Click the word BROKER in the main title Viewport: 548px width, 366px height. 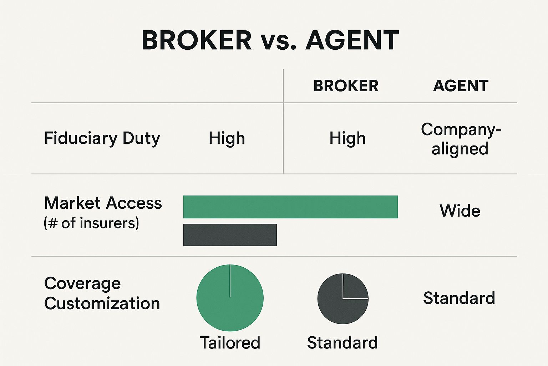pos(197,40)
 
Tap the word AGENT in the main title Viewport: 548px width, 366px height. pos(352,40)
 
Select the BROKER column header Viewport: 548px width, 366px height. pos(346,86)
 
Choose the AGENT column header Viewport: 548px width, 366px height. pos(461,86)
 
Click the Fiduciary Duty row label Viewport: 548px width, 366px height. pos(102,139)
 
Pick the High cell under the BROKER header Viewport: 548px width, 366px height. pos(347,138)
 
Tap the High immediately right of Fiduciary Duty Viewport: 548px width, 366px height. pos(227,138)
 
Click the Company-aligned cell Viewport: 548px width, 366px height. pos(461,139)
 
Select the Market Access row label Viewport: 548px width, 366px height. pos(103,203)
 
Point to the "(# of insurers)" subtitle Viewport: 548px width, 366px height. pos(91,223)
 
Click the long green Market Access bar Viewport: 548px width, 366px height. pos(290,207)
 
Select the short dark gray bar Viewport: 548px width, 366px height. pos(230,235)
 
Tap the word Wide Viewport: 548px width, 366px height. pos(460,211)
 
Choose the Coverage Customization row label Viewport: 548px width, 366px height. pos(102,293)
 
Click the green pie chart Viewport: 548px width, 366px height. pos(230,298)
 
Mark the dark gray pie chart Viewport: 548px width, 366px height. pos(342,299)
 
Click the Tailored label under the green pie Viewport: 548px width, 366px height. pos(230,343)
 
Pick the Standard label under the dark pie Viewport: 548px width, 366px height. pos(342,343)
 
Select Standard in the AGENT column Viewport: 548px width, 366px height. pos(459,298)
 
